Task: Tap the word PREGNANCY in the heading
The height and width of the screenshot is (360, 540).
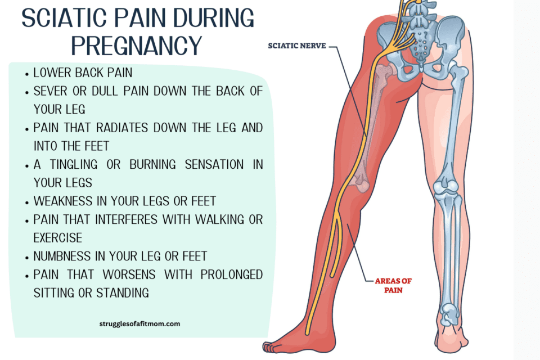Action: [x=136, y=45]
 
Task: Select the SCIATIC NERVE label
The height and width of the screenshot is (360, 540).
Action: [x=297, y=46]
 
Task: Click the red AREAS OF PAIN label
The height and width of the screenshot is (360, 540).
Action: [x=393, y=286]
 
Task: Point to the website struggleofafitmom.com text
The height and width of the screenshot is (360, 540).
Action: [x=139, y=324]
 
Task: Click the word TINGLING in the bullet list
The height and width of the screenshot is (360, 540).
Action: [x=73, y=164]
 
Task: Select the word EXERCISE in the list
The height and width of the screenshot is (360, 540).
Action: [x=58, y=238]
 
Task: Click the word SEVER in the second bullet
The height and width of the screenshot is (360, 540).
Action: [x=50, y=91]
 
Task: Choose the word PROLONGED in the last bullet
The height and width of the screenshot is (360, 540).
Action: [x=232, y=274]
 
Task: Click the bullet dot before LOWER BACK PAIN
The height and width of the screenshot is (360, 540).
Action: [x=27, y=74]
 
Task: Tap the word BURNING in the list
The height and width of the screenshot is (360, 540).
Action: [x=152, y=164]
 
